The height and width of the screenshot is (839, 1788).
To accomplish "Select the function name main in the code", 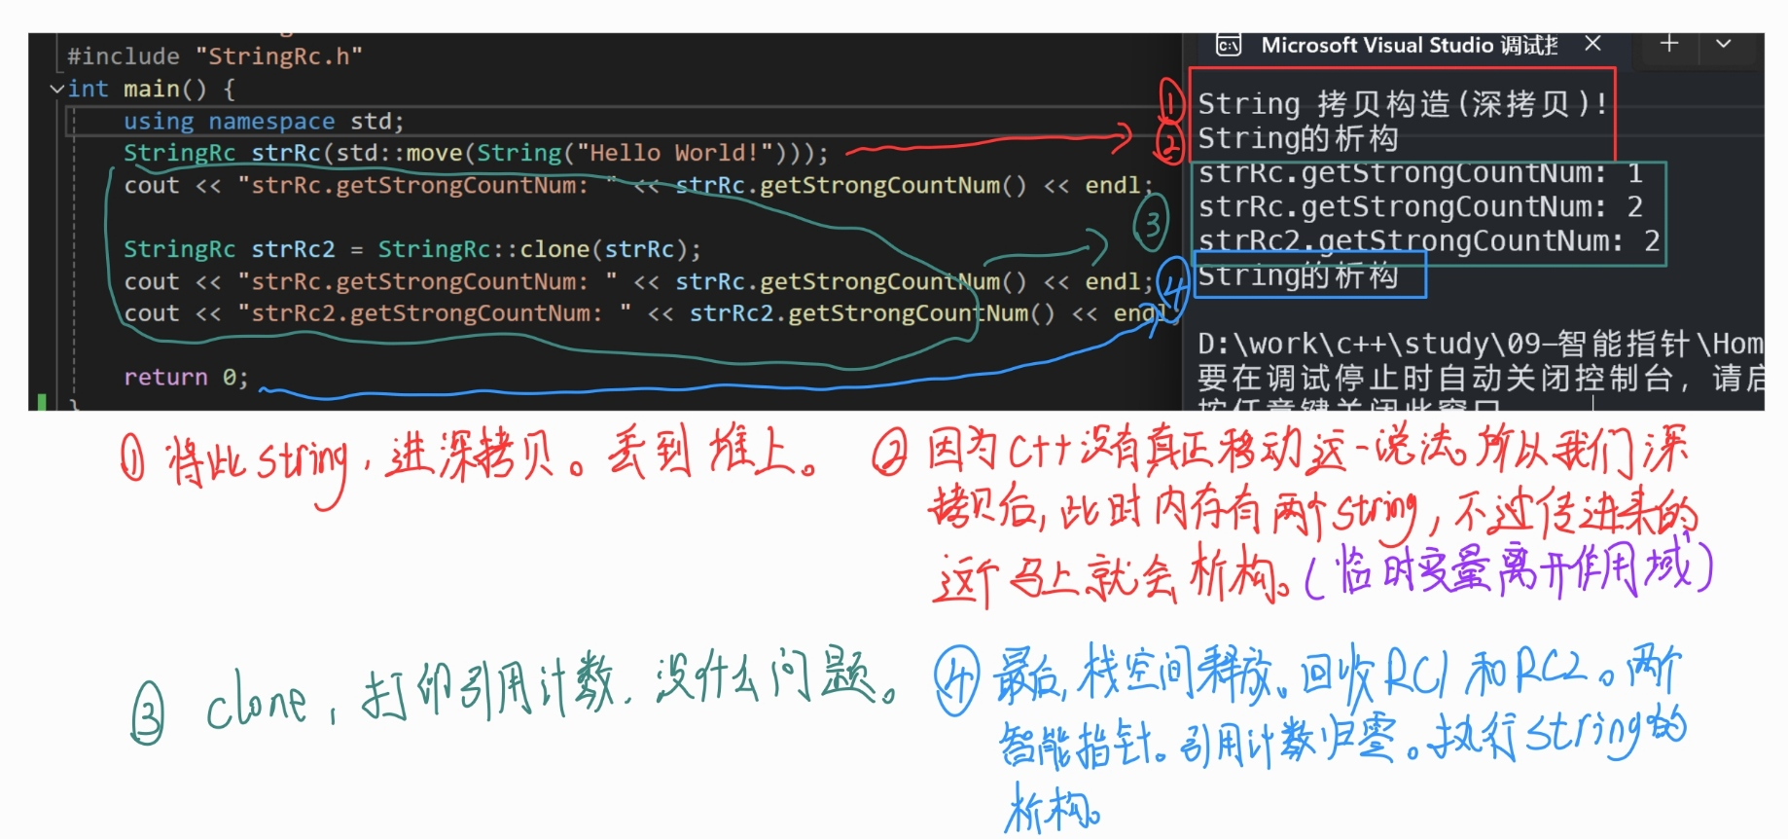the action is coord(151,89).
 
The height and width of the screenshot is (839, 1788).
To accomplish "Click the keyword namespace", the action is coord(270,121).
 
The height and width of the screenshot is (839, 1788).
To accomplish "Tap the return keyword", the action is coord(165,377).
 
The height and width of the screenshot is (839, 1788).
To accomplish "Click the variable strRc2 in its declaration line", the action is coord(293,249).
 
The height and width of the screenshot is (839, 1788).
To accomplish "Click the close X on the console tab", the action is coord(1592,44).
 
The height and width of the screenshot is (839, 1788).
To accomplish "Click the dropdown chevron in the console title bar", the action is coord(1723,44).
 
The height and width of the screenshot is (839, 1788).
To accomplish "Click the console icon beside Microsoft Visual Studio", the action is coord(1229,45).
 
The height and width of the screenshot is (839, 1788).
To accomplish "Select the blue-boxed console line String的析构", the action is coord(1298,276).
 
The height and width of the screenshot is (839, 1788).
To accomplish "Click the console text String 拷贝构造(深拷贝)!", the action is coord(1401,103).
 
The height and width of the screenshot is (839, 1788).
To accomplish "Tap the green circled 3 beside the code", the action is coord(1151,225).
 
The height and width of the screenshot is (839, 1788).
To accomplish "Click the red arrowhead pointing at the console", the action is coord(1124,138).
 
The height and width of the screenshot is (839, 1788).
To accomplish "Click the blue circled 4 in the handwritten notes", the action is coord(957,681).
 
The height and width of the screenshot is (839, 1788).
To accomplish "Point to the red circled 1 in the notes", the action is coord(132,458).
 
